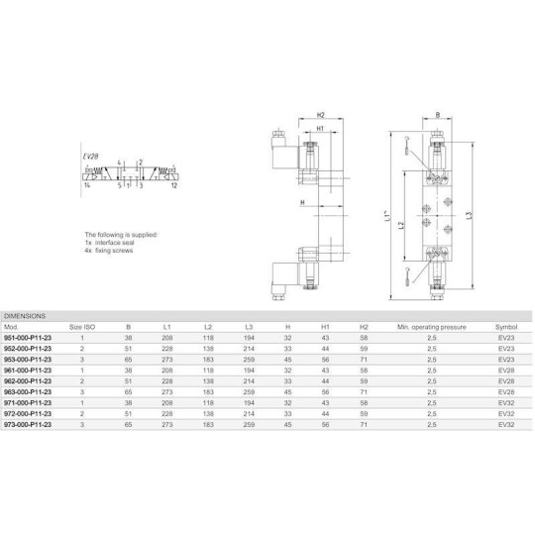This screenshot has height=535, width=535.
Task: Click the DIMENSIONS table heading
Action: pyautogui.click(x=26, y=315)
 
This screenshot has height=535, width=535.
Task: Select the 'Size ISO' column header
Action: pyautogui.click(x=81, y=325)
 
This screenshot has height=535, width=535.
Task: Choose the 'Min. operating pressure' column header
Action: pyautogui.click(x=431, y=325)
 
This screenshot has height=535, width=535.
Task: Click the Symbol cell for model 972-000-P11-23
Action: pyautogui.click(x=505, y=413)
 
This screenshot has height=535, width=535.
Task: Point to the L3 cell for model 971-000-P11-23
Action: pyautogui.click(x=249, y=402)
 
